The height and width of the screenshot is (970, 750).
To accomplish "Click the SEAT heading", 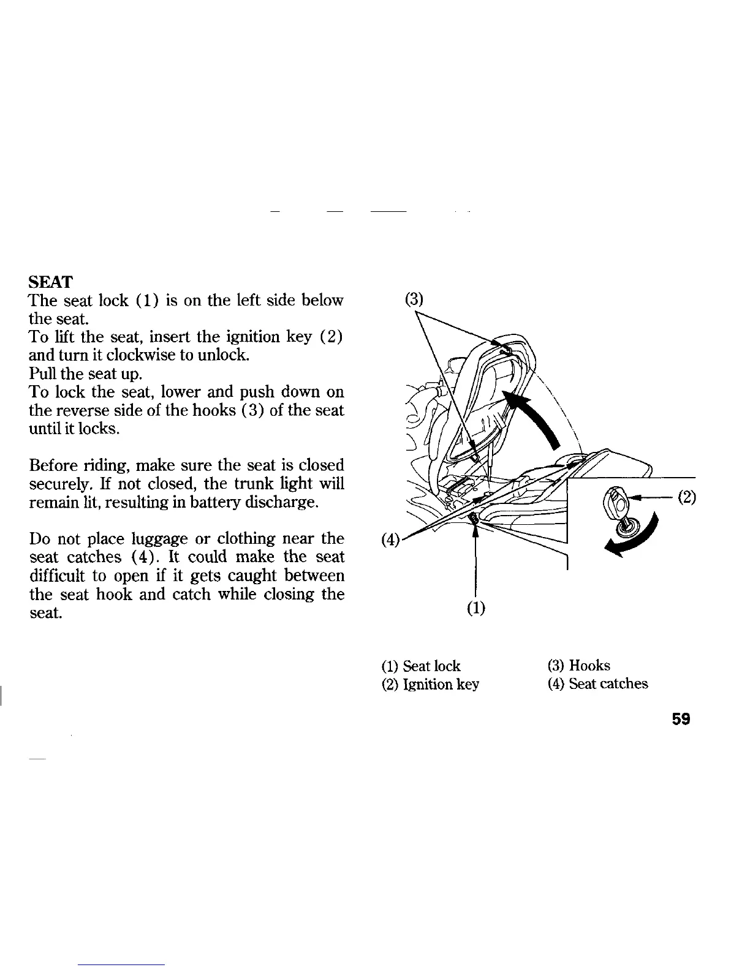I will point(51,282).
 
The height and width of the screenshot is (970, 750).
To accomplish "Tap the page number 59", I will point(681,720).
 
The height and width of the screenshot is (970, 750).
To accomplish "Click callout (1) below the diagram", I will point(476,608).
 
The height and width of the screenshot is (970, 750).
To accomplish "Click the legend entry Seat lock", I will point(420,666).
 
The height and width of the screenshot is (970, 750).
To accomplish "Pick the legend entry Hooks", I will point(579,666).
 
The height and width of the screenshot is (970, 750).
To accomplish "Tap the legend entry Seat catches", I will point(597,684).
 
